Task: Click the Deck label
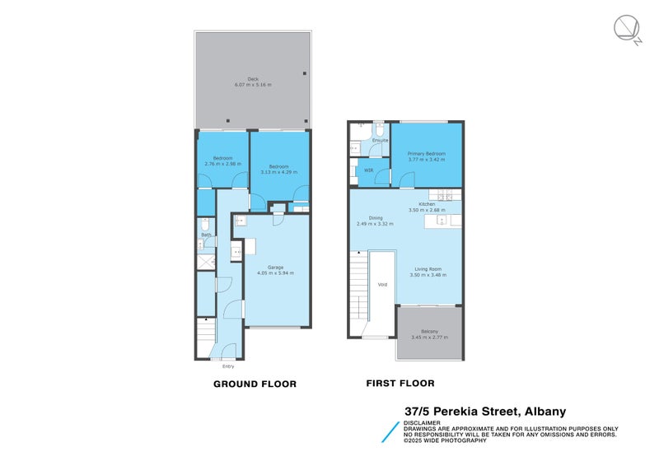[x=253, y=79]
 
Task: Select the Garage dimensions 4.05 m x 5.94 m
[x=275, y=272]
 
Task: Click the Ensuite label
[x=380, y=141]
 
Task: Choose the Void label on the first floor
[x=382, y=285]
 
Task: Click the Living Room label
[x=428, y=269]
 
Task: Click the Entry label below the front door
[x=227, y=366]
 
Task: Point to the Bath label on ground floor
[x=207, y=235]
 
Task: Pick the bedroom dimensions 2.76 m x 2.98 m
[x=222, y=164]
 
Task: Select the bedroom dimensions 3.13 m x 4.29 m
[x=278, y=172]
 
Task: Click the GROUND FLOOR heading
[x=255, y=384]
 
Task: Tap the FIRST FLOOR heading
[x=400, y=383]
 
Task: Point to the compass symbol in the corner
[x=627, y=30]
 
